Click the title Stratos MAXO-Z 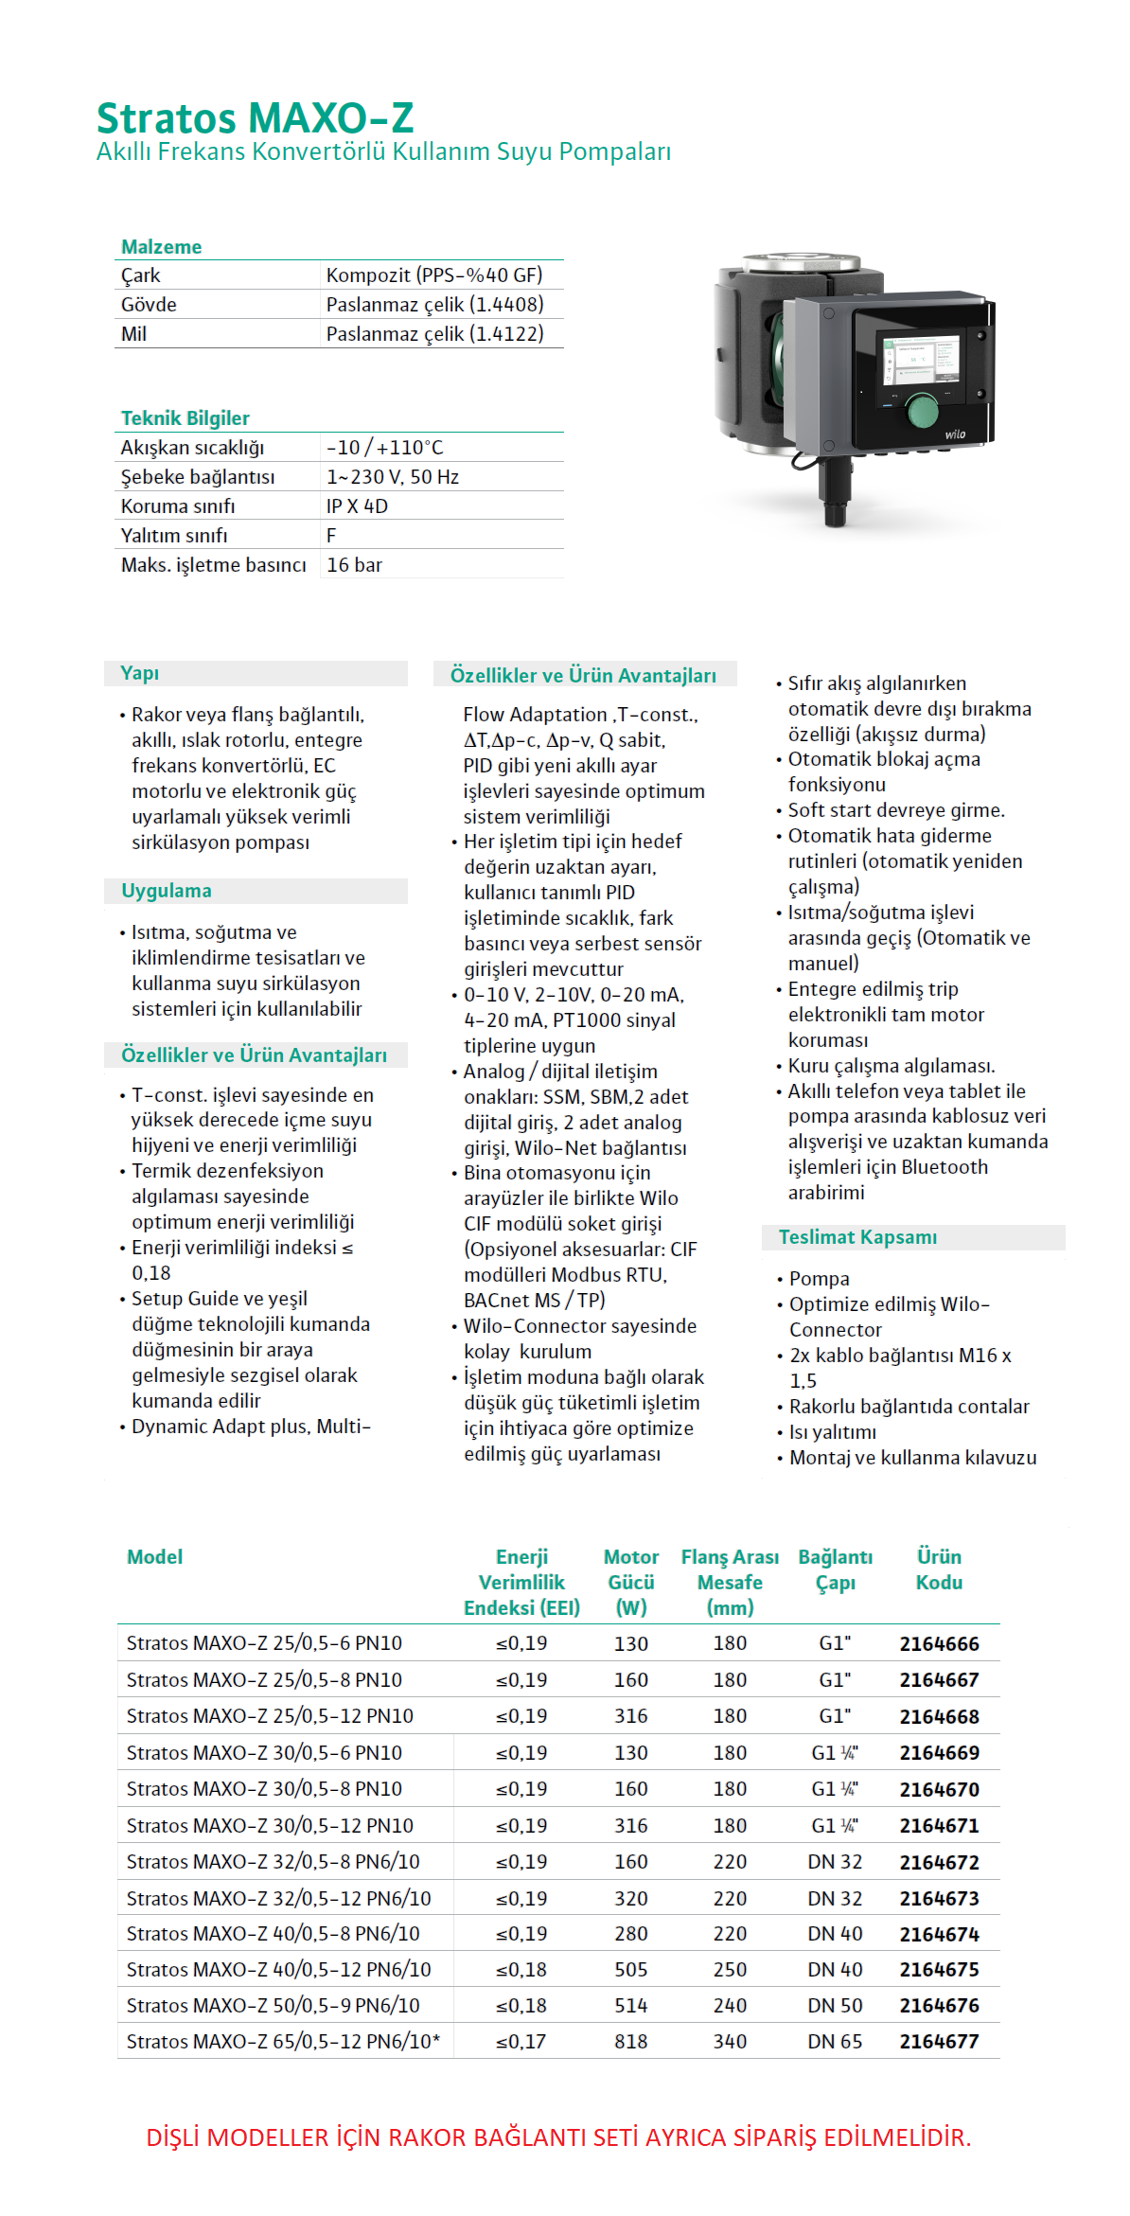[x=255, y=118]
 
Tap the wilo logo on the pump [x=955, y=434]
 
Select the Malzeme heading [x=161, y=247]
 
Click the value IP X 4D [x=357, y=506]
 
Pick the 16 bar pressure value [x=354, y=565]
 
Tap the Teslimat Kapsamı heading [x=857, y=1237]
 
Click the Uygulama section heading [x=166, y=891]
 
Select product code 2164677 [x=939, y=2042]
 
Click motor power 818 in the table [x=630, y=2042]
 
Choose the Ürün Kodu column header [x=939, y=1569]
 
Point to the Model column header [x=154, y=1557]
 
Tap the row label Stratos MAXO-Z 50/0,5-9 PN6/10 [x=273, y=2006]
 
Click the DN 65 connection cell [x=835, y=2042]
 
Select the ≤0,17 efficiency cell [x=521, y=2042]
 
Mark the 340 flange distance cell [x=730, y=2042]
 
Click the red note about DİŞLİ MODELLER [x=558, y=2137]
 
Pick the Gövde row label [x=149, y=305]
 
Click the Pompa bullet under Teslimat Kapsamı [x=819, y=1279]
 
